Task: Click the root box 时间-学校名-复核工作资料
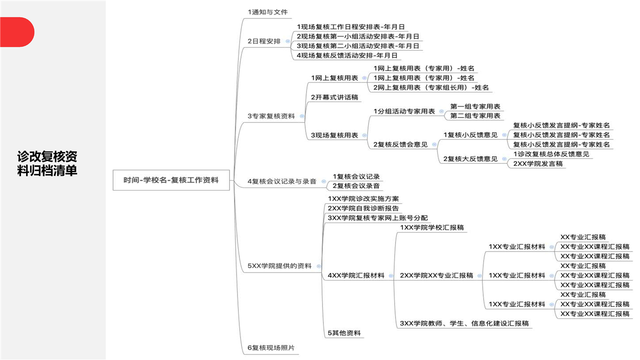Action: click(171, 180)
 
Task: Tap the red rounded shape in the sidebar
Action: click(17, 32)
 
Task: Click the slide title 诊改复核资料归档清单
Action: click(47, 163)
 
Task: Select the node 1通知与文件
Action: click(267, 12)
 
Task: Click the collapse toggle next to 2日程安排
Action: click(287, 41)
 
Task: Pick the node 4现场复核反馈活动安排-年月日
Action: click(347, 55)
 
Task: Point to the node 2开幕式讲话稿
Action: click(334, 97)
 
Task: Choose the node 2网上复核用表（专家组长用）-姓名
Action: click(431, 87)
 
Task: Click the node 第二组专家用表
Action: click(475, 115)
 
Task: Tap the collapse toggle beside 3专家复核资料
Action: click(301, 116)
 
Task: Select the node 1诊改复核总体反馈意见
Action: click(551, 154)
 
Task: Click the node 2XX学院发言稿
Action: click(537, 163)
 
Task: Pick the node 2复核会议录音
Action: click(356, 186)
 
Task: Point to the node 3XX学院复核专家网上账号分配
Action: click(377, 218)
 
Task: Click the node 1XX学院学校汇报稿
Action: click(431, 227)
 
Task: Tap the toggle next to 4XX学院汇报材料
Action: click(391, 276)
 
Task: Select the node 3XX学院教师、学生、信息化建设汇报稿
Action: click(464, 323)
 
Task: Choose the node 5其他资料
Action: click(344, 333)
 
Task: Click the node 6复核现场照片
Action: click(271, 347)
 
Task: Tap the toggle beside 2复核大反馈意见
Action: click(504, 159)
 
